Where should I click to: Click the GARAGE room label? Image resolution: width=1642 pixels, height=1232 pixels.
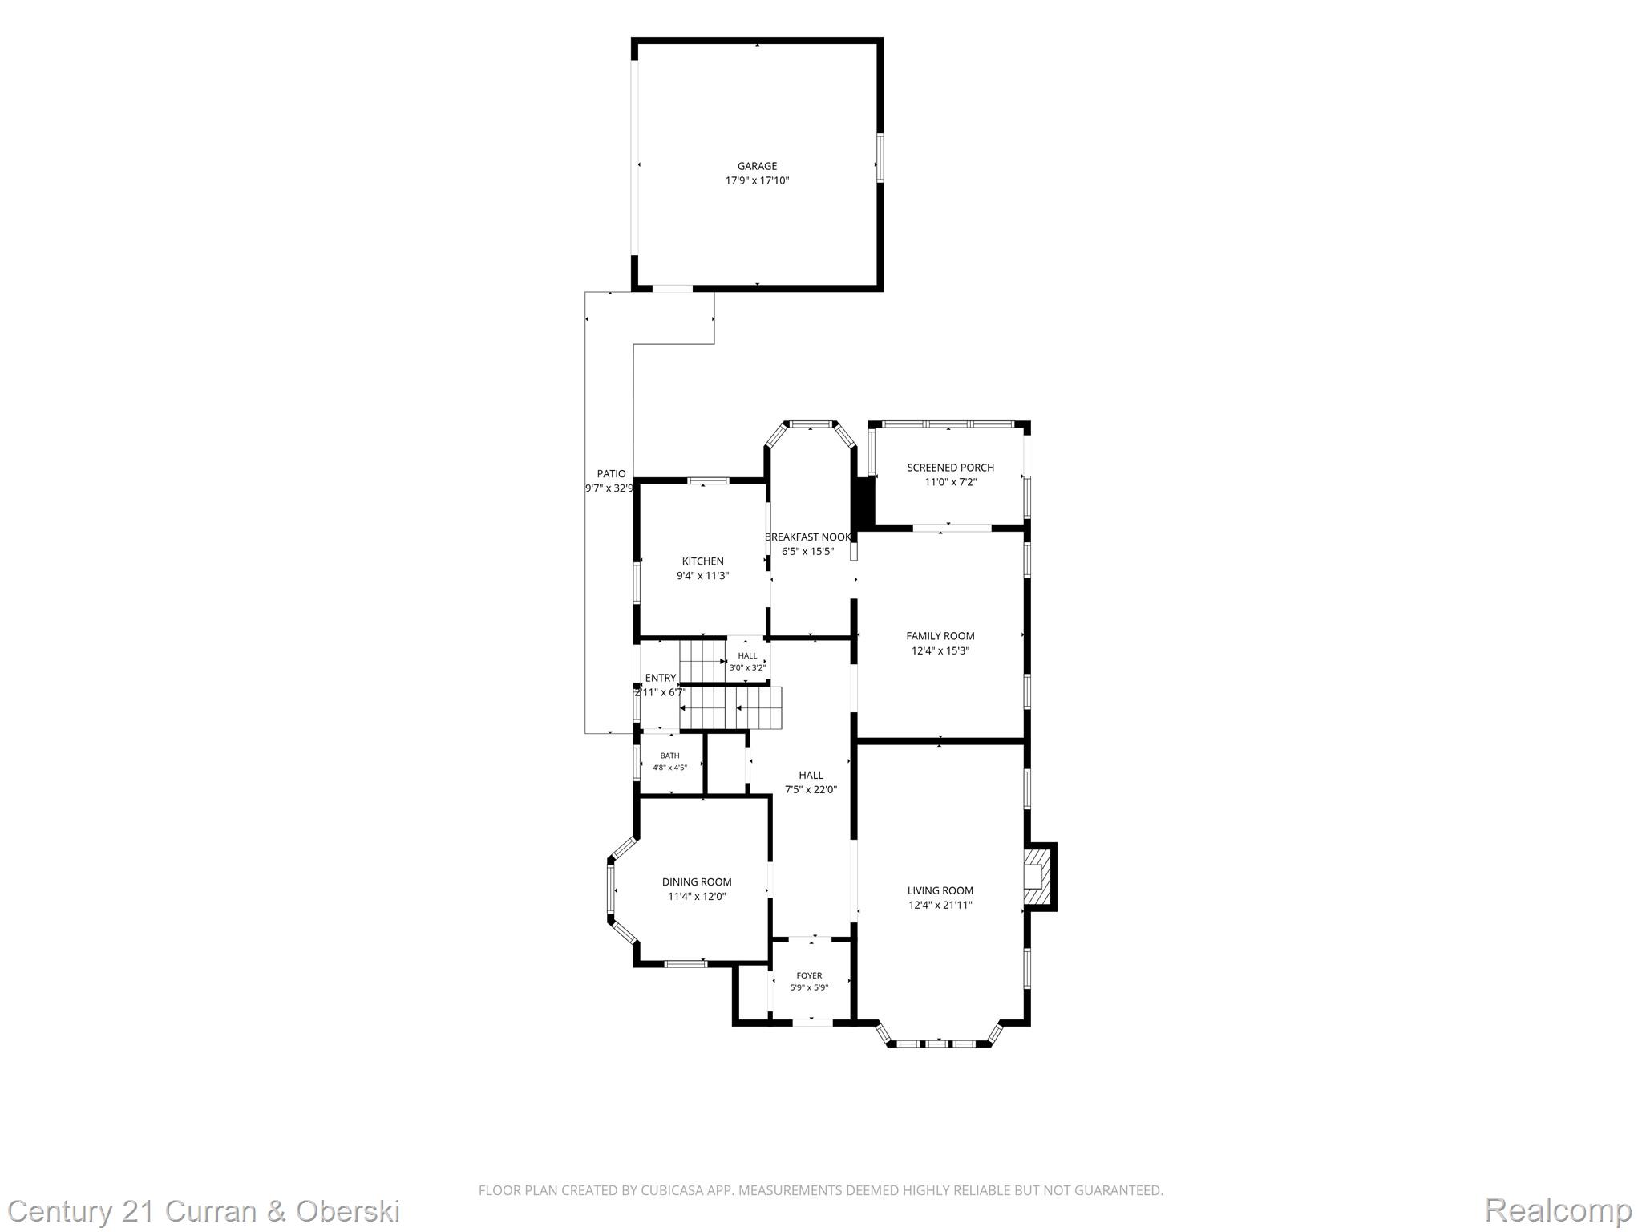[757, 167]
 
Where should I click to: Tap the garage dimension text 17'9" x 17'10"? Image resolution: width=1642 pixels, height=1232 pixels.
[757, 181]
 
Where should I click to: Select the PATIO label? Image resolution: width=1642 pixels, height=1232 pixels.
[611, 474]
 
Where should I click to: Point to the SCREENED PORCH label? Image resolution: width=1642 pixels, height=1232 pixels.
[950, 468]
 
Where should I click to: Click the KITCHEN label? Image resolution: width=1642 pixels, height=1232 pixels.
[702, 561]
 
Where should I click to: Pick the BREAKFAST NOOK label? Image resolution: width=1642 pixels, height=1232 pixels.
[807, 537]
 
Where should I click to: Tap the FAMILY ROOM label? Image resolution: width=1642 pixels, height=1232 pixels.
[940, 636]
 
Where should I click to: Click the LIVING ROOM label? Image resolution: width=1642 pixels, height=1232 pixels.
[940, 890]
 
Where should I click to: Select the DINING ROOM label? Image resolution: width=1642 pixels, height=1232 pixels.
[697, 882]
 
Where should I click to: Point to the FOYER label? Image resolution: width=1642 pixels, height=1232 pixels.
[809, 976]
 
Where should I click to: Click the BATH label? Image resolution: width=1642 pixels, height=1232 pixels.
[669, 756]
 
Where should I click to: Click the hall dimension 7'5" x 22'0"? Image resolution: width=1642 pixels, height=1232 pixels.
[811, 789]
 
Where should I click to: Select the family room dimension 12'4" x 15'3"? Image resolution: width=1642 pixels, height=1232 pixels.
[940, 650]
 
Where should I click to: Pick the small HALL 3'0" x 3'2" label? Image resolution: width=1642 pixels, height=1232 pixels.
[747, 662]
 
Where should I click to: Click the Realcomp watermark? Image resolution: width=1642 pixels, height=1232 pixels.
[1558, 1210]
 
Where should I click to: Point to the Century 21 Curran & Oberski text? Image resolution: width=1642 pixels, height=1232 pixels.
[204, 1210]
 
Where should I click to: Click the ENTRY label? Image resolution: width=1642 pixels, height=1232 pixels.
[660, 678]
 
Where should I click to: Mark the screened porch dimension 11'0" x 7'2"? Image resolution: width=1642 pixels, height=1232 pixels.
[951, 482]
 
